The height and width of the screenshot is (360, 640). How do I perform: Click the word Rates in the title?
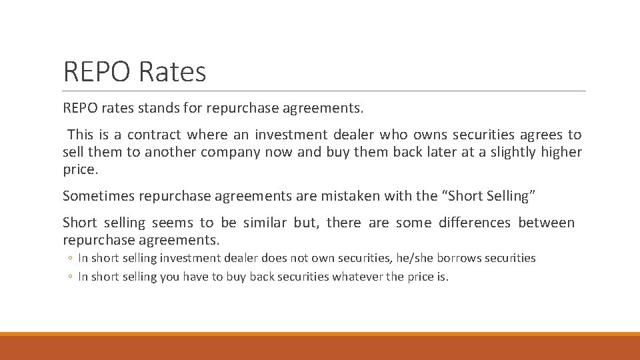pos(173,72)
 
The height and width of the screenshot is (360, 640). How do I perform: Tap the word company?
pos(231,152)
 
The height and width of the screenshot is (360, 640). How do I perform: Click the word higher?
pos(561,152)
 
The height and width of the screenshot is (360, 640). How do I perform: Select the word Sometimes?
pos(98,196)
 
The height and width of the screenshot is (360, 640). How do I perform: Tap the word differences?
pos(475,223)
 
